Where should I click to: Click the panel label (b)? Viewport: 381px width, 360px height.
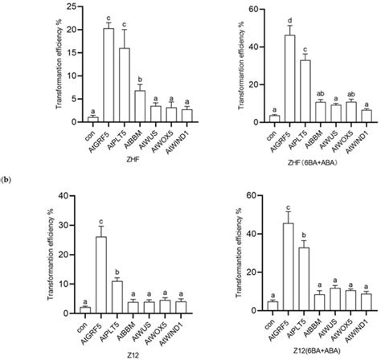pos(8,170)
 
